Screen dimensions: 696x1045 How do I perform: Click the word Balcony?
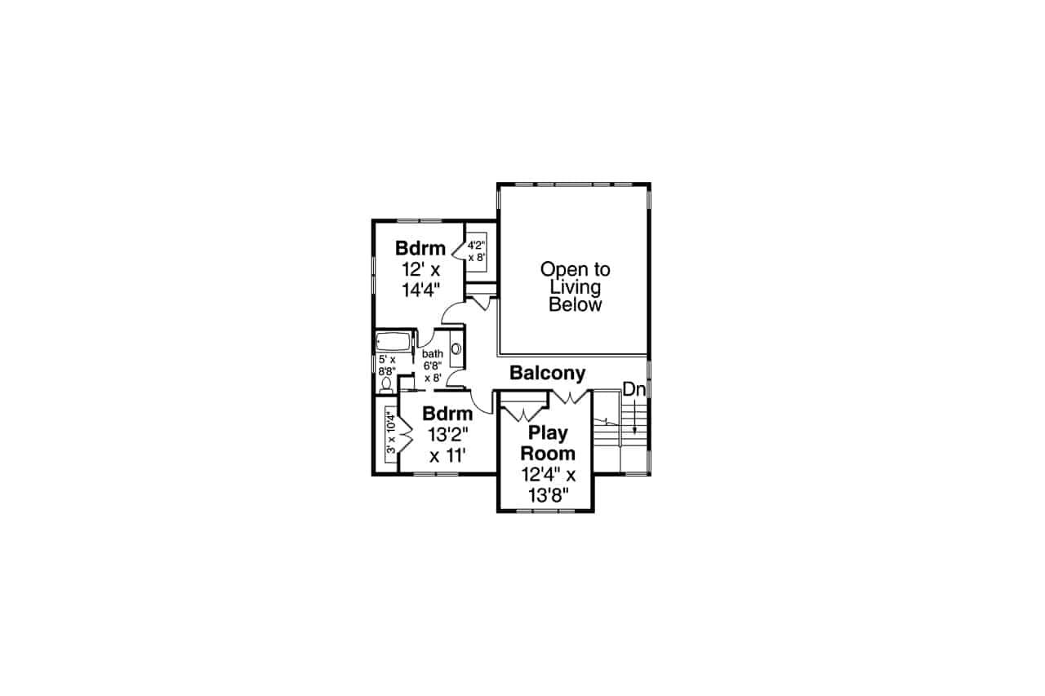(x=547, y=374)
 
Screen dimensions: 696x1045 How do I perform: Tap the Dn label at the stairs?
(x=634, y=390)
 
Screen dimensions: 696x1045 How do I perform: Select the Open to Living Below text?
(x=575, y=287)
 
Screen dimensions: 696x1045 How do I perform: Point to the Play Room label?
(x=548, y=443)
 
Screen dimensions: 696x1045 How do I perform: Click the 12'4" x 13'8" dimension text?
(x=548, y=484)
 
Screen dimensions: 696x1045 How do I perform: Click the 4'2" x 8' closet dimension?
(x=477, y=249)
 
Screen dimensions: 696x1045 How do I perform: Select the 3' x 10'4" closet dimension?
(x=390, y=432)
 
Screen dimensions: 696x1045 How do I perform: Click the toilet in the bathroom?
(x=386, y=382)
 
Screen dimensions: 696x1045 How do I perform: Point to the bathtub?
(x=394, y=342)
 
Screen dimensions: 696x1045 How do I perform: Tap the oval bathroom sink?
(x=456, y=349)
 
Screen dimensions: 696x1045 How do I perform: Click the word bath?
(x=432, y=354)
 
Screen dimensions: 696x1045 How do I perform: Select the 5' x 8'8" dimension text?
(x=386, y=364)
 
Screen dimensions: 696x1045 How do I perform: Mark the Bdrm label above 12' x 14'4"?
(x=420, y=248)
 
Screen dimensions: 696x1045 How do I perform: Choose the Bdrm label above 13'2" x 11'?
(x=447, y=413)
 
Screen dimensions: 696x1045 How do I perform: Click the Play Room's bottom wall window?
(x=545, y=512)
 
